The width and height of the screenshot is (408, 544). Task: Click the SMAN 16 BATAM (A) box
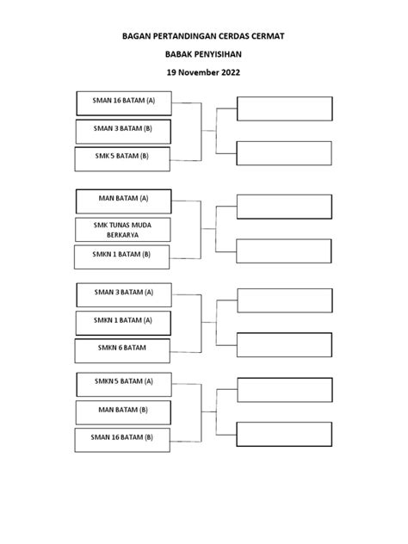(x=124, y=103)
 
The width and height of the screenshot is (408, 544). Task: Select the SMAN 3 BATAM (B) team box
(x=123, y=132)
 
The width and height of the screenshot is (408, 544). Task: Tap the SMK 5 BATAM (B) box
(x=122, y=159)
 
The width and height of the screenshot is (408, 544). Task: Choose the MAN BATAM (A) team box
(x=123, y=201)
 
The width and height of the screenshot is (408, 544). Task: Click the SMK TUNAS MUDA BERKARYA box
(x=123, y=230)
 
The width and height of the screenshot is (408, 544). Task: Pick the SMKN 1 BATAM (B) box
(x=121, y=257)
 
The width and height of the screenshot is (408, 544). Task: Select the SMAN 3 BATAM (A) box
(x=124, y=295)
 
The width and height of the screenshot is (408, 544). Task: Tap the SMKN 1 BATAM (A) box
(x=123, y=323)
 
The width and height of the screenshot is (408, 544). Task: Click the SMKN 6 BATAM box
(x=122, y=350)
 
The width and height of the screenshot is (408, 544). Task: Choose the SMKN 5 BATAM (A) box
(x=124, y=385)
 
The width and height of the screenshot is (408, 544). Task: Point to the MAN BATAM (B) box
(x=123, y=412)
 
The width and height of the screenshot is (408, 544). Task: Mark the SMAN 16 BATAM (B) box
(x=122, y=440)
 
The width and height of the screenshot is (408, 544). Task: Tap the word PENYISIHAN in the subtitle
(x=218, y=54)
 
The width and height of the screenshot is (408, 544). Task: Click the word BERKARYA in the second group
(x=122, y=235)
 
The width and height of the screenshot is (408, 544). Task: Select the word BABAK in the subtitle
(x=179, y=54)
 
